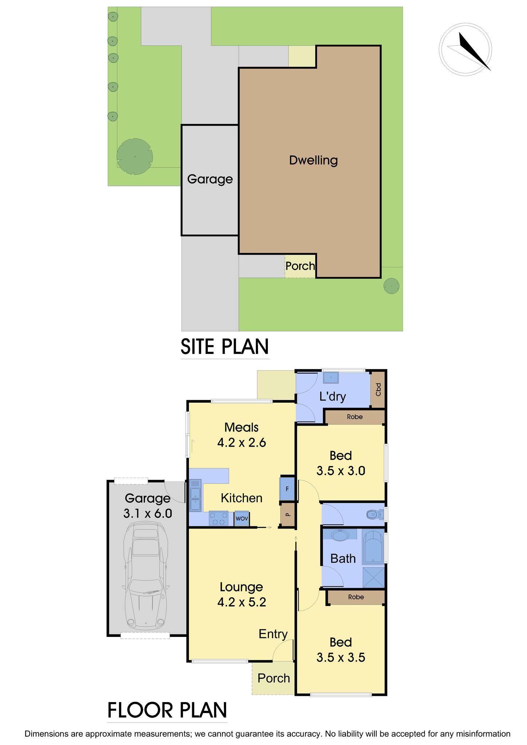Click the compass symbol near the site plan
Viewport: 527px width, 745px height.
coord(465,49)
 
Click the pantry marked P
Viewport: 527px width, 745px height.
coord(287,514)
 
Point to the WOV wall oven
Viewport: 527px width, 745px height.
coord(242,518)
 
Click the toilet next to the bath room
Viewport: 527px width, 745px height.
coord(373,514)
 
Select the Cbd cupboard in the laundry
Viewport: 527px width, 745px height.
coord(378,390)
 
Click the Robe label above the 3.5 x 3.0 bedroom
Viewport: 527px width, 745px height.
coord(354,417)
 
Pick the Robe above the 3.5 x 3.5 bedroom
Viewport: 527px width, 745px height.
coord(356,597)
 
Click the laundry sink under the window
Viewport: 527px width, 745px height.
coord(331,378)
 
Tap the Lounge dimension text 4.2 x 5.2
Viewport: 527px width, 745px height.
coord(242,602)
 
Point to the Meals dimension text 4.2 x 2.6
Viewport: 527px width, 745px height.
coord(242,443)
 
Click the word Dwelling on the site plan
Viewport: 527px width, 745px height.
coord(313,160)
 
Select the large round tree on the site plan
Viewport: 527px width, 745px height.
coord(134,156)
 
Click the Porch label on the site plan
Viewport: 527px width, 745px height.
coord(300,266)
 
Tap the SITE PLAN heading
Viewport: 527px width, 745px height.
coord(225,347)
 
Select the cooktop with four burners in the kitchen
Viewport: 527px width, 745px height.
coord(218,518)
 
